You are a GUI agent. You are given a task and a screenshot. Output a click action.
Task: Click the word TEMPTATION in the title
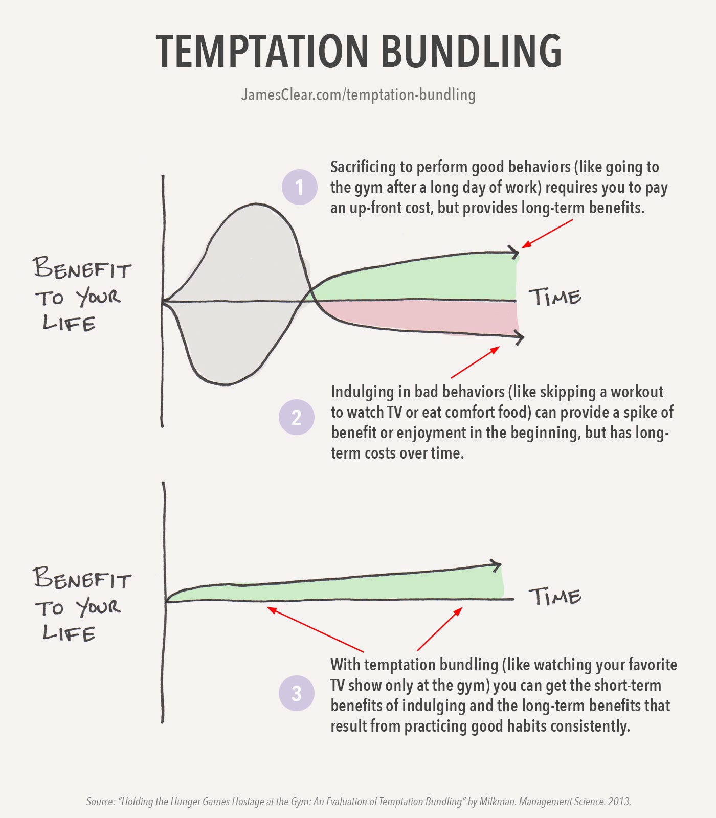click(262, 51)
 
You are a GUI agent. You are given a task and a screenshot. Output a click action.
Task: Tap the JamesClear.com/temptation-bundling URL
click(358, 95)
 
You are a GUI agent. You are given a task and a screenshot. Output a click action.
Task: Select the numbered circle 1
click(300, 187)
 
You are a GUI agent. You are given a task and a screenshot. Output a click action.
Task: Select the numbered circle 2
click(297, 417)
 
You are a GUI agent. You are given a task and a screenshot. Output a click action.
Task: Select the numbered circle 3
click(297, 693)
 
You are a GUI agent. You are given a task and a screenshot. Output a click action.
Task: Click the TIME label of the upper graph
click(555, 297)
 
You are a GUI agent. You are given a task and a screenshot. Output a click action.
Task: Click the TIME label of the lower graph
click(555, 597)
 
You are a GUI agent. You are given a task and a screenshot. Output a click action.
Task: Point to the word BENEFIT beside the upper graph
click(82, 268)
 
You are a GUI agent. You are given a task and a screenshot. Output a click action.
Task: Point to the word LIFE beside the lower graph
click(69, 634)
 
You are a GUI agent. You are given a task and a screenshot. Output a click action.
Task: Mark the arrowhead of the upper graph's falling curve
click(518, 337)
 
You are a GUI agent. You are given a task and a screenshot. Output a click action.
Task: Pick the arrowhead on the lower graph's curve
click(495, 565)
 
